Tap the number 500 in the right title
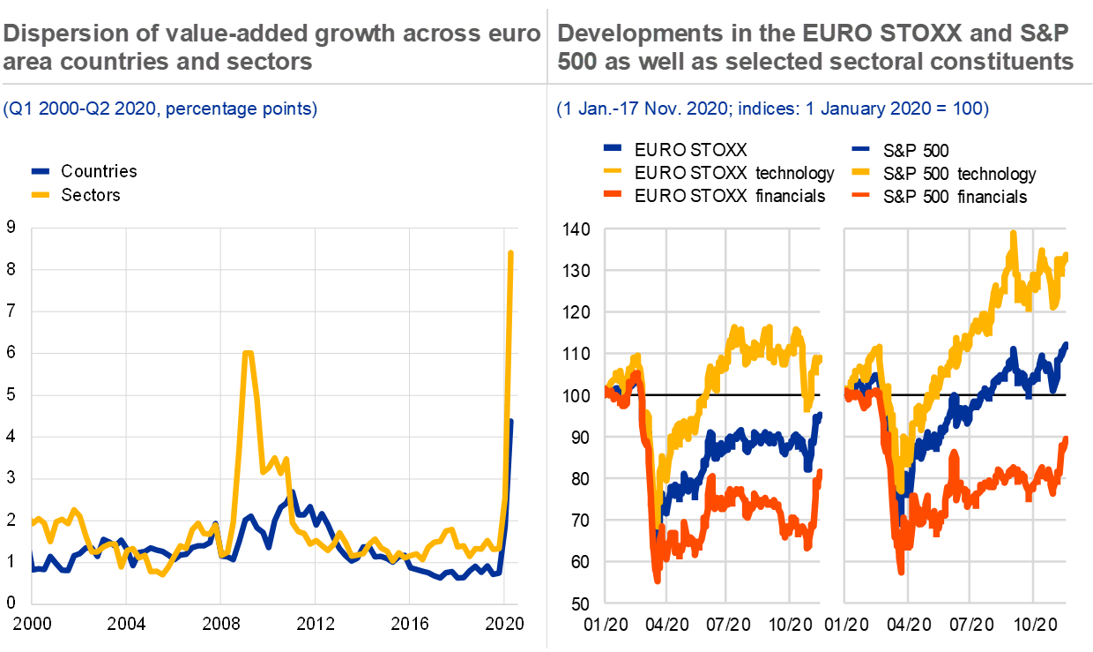[577, 63]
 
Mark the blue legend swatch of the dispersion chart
[41, 171]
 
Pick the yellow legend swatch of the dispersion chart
[41, 193]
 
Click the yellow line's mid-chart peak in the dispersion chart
[248, 353]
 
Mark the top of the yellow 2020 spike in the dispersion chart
[510, 253]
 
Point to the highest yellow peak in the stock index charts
[1014, 232]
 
